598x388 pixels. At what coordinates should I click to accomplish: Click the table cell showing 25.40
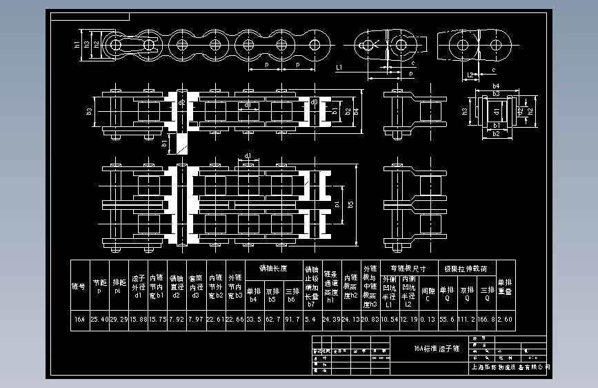point(100,319)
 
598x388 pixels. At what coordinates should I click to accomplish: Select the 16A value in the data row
point(79,319)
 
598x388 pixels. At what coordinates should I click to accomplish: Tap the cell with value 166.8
point(487,319)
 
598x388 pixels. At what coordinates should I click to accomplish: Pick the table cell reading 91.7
point(292,319)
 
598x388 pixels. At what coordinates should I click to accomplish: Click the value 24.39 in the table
point(332,319)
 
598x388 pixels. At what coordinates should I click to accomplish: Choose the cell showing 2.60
point(506,319)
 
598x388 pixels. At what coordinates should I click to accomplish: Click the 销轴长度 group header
point(273,267)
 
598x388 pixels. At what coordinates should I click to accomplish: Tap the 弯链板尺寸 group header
point(408,267)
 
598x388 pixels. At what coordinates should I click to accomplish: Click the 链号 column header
point(79,286)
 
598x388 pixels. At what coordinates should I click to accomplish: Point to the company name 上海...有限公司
point(510,367)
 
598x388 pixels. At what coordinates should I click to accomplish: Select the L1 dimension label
point(339,68)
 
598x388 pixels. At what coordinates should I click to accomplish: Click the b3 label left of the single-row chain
point(90,110)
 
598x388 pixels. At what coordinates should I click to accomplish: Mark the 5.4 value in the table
point(311,319)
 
